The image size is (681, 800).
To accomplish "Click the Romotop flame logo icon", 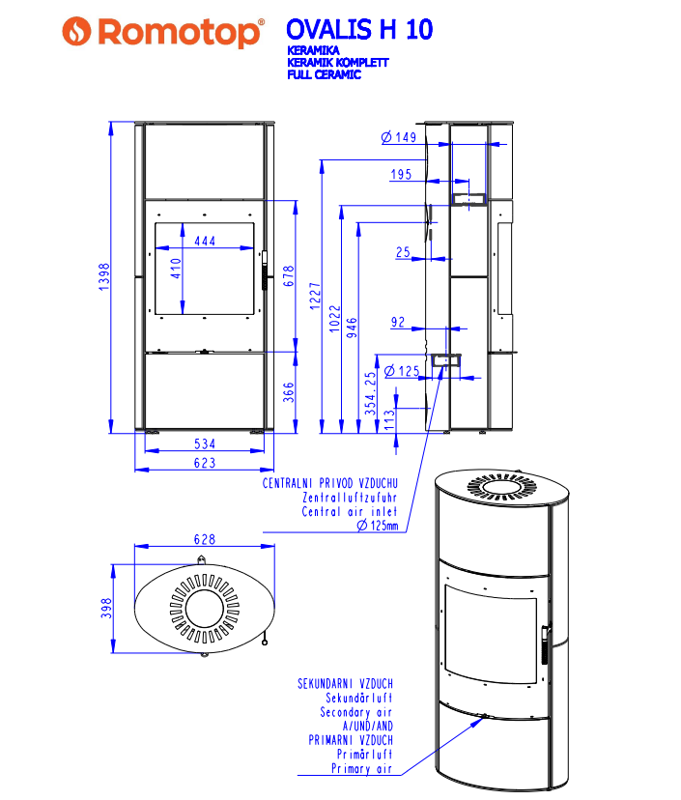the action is [x=76, y=31].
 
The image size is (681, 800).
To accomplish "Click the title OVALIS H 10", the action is [x=359, y=30].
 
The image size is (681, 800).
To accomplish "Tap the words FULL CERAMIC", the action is [x=324, y=74].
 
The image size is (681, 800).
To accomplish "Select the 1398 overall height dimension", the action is [x=104, y=277].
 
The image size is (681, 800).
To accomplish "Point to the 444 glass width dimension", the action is [x=205, y=241].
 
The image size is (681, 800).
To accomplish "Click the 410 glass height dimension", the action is [x=176, y=269].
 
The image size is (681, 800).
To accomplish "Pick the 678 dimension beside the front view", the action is [x=289, y=276].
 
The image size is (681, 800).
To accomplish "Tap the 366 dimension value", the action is [x=289, y=392].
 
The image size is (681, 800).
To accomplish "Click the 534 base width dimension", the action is [x=205, y=443].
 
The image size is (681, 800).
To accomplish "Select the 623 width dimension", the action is [x=205, y=463].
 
